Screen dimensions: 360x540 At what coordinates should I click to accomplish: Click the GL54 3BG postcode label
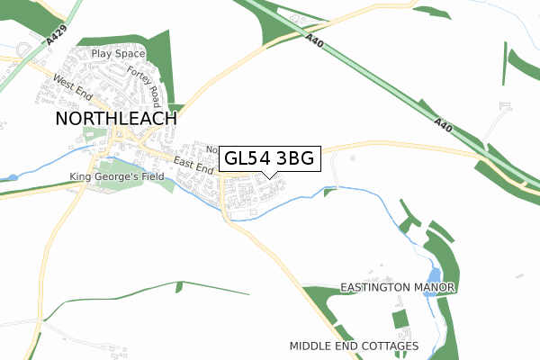(269, 159)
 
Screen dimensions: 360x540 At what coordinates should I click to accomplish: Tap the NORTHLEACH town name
(116, 118)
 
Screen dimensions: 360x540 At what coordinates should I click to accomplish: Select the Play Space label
(118, 54)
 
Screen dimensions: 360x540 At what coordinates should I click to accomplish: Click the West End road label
(73, 88)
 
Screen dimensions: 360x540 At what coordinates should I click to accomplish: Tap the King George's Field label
(117, 177)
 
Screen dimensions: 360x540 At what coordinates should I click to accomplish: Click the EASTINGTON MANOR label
(399, 287)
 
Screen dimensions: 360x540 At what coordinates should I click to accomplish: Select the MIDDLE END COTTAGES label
(355, 346)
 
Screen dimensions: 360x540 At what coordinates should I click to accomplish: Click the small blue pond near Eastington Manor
(436, 274)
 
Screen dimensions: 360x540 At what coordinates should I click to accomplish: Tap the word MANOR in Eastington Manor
(435, 287)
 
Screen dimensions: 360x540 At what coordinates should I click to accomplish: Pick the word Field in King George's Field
(151, 177)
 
